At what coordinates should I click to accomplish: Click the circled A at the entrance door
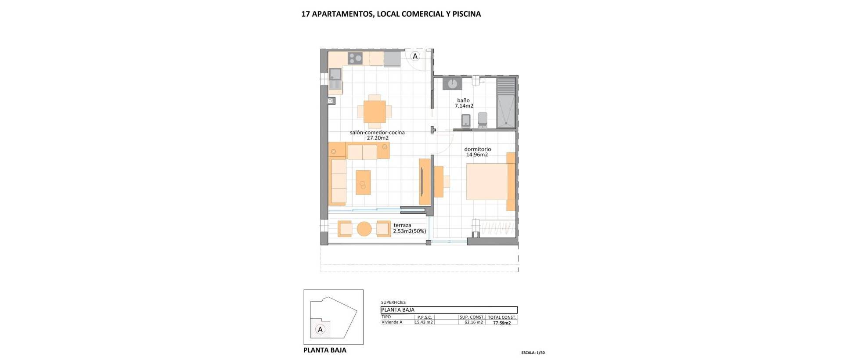point(415,56)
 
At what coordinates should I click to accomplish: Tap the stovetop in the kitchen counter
point(355,58)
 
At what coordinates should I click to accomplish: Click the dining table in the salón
point(375,112)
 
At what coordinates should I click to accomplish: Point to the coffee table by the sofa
point(363,182)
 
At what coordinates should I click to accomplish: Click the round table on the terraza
point(364,229)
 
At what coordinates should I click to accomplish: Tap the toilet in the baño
point(483,119)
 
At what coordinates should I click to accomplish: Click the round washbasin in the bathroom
point(452,83)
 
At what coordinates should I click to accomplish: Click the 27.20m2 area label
point(378,138)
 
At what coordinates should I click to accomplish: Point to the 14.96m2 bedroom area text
point(477,155)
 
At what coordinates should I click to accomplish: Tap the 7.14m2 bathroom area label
point(464,106)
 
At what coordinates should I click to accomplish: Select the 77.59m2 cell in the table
point(502,323)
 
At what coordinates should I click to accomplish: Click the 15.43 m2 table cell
point(424,322)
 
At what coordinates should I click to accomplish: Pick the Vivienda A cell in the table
point(392,322)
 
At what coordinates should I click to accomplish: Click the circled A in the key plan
point(320,329)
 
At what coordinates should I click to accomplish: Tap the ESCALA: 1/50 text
point(533,353)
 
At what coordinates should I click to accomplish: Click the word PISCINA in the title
point(466,14)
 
